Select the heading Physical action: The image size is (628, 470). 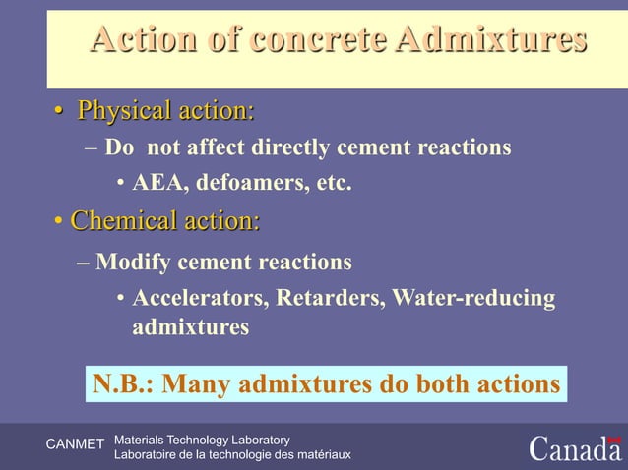click(165, 111)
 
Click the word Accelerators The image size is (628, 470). click(201, 298)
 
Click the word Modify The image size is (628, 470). click(132, 263)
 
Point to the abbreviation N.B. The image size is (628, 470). click(123, 382)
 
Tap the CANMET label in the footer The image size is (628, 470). click(75, 445)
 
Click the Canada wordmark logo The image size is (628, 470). click(575, 447)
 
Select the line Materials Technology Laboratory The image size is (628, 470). click(202, 438)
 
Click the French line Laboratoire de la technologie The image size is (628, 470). click(232, 454)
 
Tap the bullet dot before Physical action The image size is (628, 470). click(60, 112)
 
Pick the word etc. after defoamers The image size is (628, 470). click(332, 182)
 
